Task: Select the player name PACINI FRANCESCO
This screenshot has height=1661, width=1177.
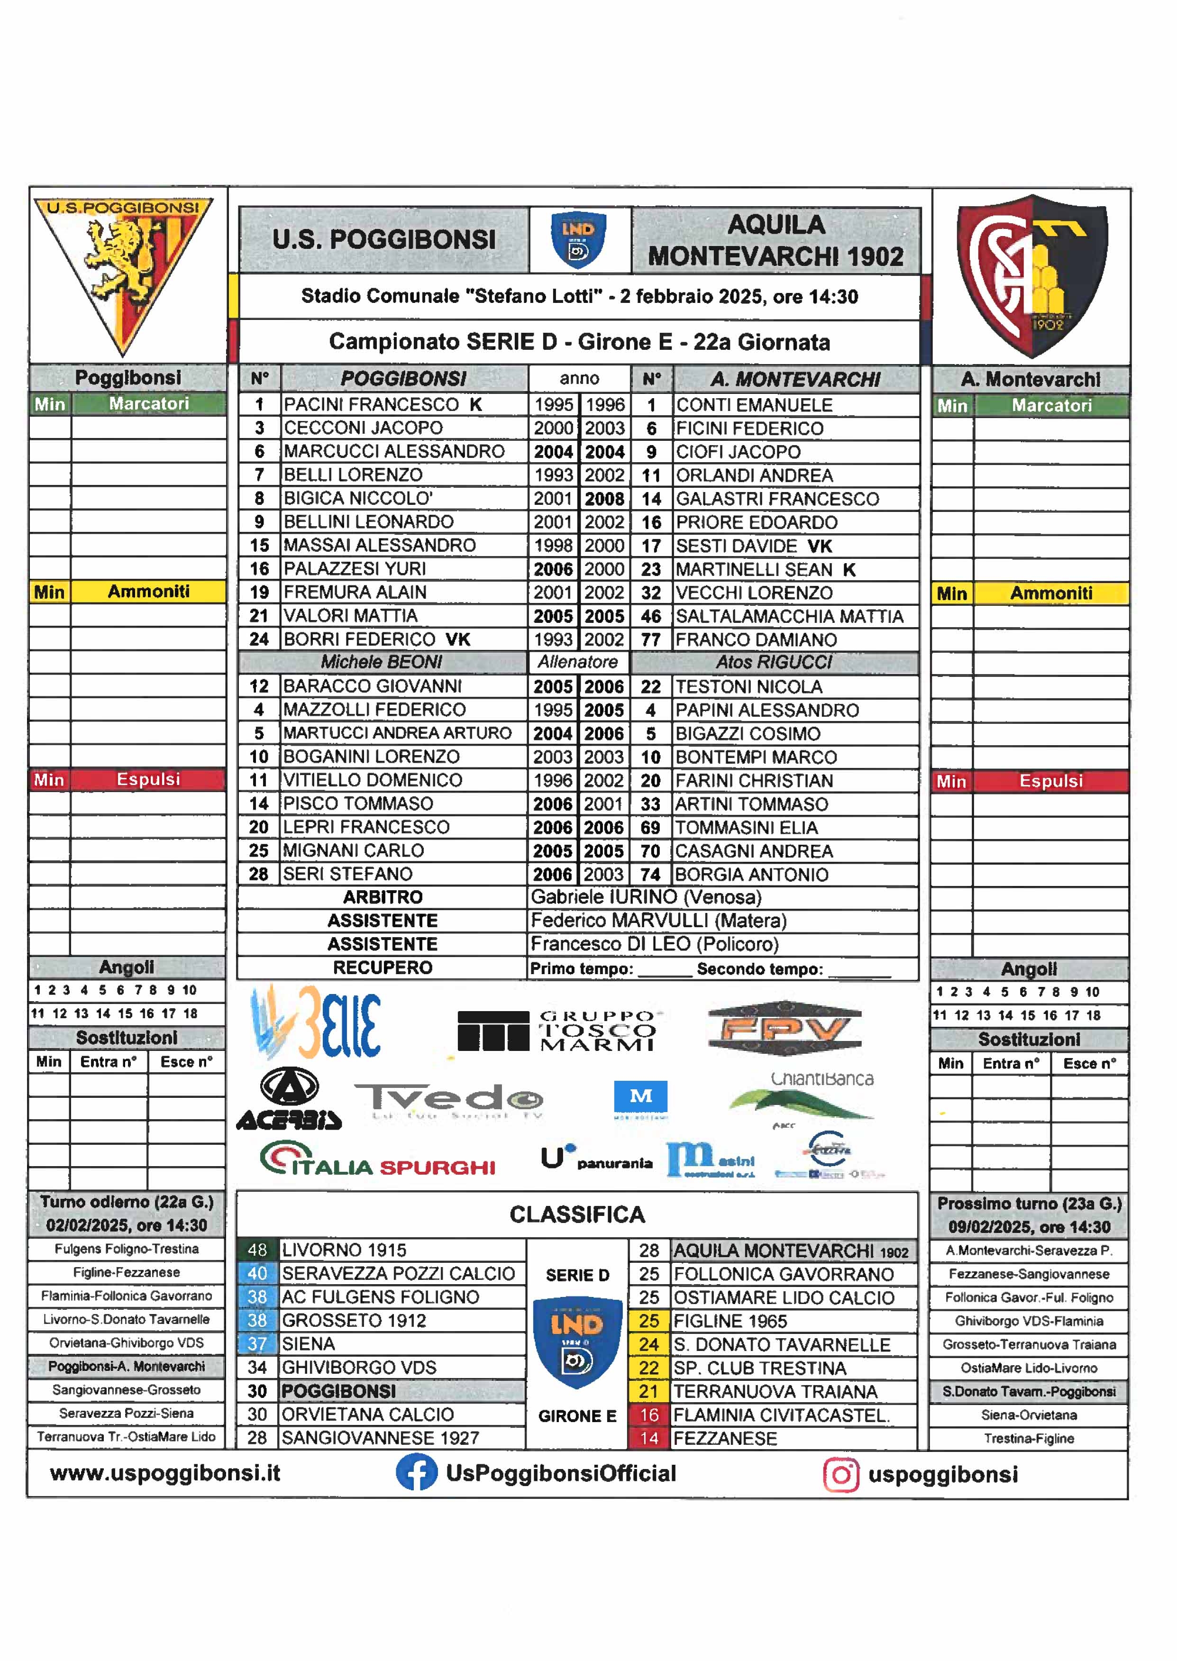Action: [x=371, y=404]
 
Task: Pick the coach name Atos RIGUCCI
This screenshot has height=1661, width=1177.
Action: [x=774, y=662]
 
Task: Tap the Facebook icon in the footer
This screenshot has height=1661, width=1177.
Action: [x=416, y=1473]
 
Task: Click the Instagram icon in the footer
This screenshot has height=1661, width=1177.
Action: [x=841, y=1475]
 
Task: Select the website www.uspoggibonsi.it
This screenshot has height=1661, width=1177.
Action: [x=165, y=1473]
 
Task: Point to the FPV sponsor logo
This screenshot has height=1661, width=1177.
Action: [x=784, y=1028]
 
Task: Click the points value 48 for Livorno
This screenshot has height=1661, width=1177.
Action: [x=257, y=1250]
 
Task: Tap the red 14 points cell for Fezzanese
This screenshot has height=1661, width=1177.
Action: [x=648, y=1439]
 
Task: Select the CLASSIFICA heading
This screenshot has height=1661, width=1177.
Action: [x=577, y=1214]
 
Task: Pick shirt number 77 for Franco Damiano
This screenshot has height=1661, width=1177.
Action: [x=651, y=640]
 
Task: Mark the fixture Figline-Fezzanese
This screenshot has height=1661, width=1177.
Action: [x=126, y=1273]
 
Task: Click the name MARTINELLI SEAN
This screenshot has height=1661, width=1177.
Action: [x=754, y=570]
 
